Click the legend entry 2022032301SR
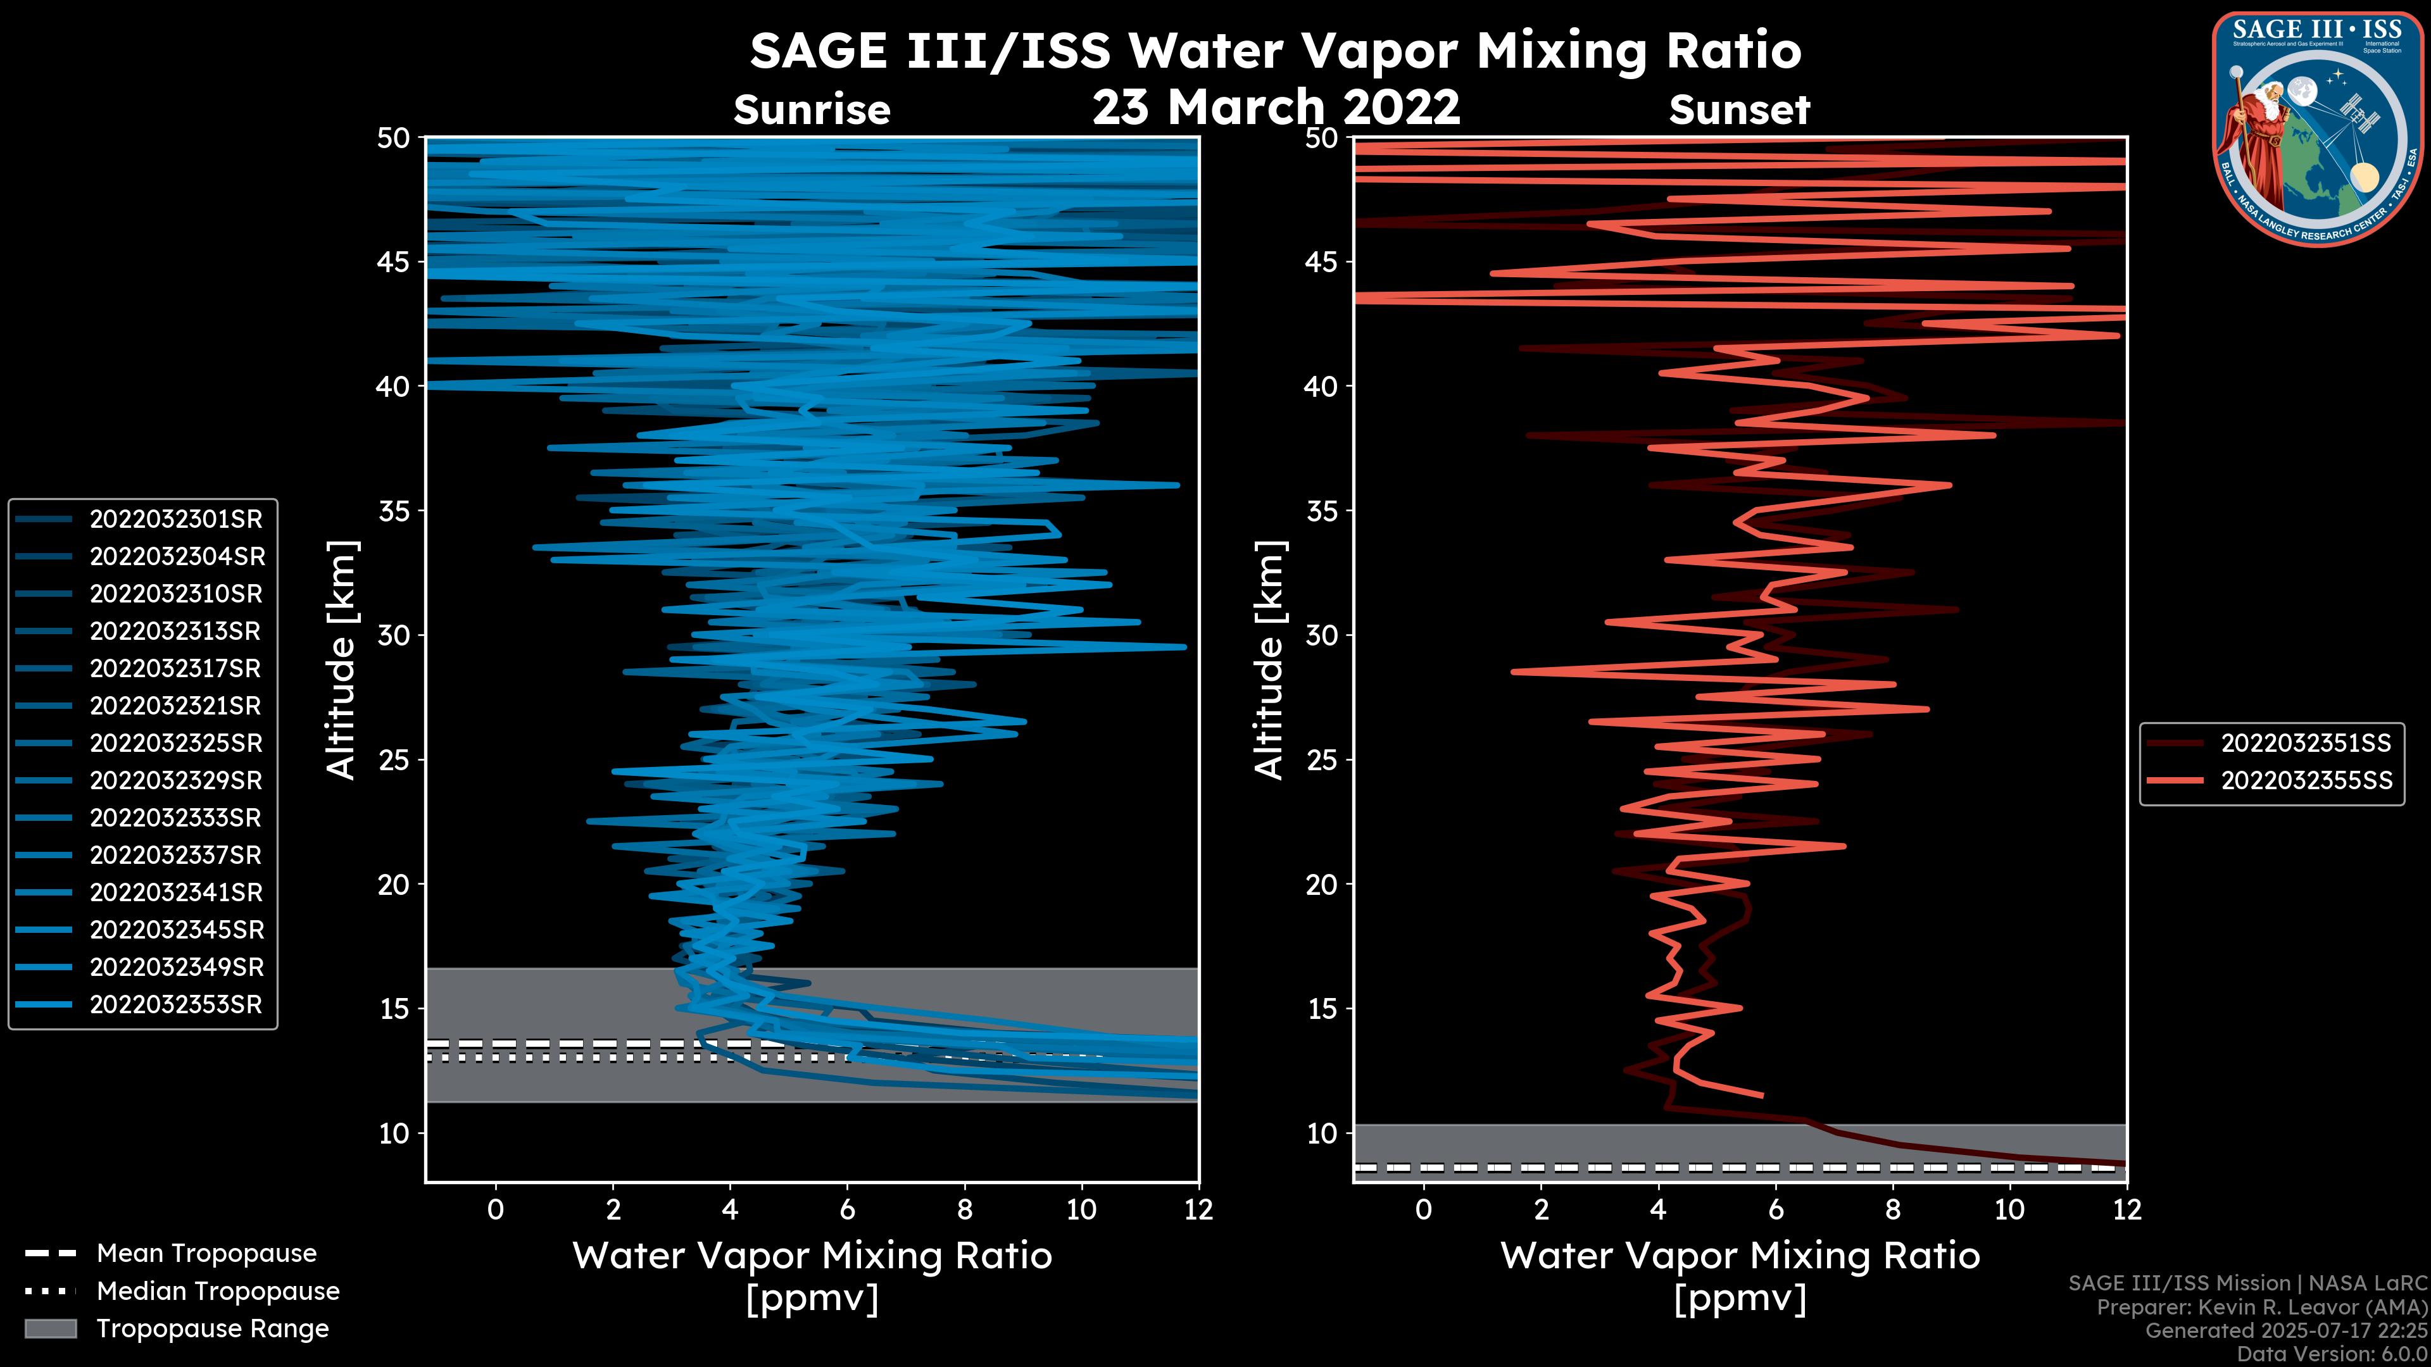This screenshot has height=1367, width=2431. (175, 519)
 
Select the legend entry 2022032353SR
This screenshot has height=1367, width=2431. (175, 1005)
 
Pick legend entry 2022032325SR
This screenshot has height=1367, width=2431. (175, 744)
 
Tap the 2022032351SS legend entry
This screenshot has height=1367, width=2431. (2306, 744)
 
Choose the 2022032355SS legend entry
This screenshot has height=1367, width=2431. (2306, 781)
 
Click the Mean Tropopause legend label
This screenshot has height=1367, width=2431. (206, 1254)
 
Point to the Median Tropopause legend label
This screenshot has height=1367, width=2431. (218, 1292)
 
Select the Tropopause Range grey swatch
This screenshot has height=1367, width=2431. (50, 1328)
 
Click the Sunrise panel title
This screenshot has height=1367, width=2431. (812, 110)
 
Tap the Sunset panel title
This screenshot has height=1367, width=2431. (1739, 110)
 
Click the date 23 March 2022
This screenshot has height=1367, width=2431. (1276, 106)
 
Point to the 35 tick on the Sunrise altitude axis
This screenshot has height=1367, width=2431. (394, 511)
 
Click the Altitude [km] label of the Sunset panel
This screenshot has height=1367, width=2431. (1269, 659)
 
